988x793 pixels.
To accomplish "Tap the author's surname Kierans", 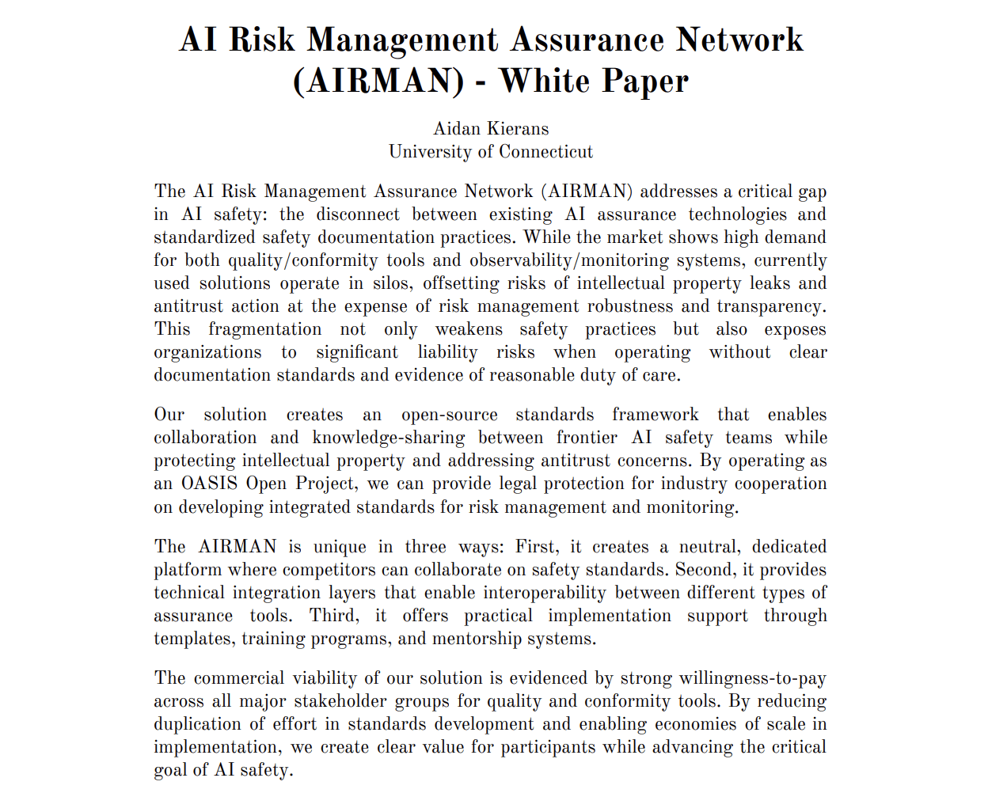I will (x=519, y=129).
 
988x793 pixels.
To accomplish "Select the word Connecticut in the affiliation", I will (x=545, y=152).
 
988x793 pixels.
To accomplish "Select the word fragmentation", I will (x=265, y=329).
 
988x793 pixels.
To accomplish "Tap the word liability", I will (x=448, y=352).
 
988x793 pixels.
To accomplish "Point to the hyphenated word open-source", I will (x=450, y=415).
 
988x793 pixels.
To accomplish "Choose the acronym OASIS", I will (x=210, y=484).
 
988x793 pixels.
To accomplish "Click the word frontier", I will (x=587, y=438).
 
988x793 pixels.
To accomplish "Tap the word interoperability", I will (x=545, y=593).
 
